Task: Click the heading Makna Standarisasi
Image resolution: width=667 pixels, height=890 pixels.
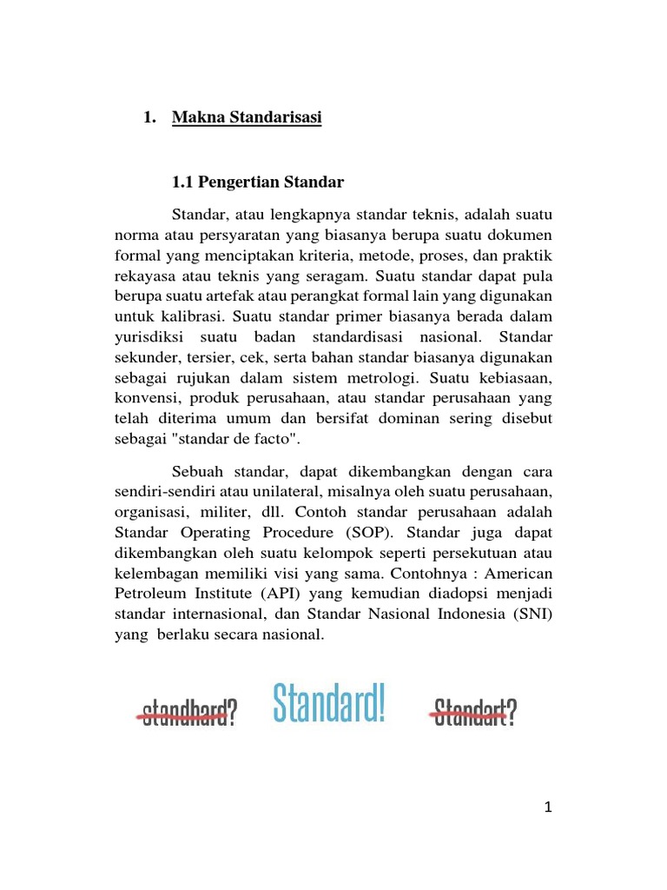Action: tap(247, 117)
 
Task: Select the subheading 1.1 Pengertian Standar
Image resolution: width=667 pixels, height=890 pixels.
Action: tap(258, 183)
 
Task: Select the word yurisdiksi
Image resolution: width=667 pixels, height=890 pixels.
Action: tap(152, 338)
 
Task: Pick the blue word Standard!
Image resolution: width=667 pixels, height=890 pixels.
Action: tap(328, 705)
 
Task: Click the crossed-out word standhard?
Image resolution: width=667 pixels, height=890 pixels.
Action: tap(188, 713)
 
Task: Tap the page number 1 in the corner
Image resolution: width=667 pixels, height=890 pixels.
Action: tap(548, 807)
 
